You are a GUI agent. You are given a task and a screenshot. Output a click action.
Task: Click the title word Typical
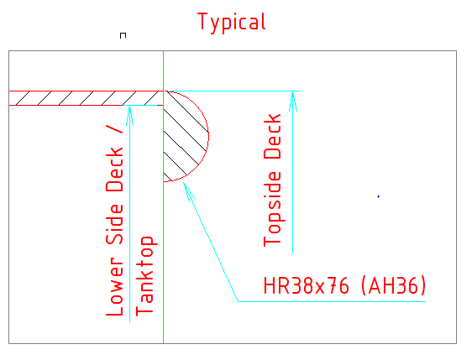232,23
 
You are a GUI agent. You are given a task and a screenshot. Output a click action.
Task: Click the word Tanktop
144,276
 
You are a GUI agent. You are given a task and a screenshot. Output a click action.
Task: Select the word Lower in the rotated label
115,286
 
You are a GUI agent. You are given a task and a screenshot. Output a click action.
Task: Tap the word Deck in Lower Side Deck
115,170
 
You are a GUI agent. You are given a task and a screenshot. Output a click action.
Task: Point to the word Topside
272,209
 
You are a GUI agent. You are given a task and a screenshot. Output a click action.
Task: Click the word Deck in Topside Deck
272,136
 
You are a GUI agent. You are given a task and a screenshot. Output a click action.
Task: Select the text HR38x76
307,285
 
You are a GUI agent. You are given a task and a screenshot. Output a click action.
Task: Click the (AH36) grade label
393,285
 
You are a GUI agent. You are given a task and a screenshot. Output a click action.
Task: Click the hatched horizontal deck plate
87,98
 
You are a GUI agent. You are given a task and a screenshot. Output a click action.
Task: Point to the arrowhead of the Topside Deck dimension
293,101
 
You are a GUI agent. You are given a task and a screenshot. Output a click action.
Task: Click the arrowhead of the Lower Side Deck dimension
129,116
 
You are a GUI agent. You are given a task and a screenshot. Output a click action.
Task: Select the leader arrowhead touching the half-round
188,191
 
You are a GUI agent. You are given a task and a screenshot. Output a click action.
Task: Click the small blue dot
379,196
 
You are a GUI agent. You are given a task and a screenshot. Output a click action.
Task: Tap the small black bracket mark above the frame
123,35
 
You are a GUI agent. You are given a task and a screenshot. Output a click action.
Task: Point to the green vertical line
164,197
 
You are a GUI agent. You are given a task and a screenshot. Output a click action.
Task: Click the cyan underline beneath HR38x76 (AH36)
332,301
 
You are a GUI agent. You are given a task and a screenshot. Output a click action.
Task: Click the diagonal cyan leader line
211,242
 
